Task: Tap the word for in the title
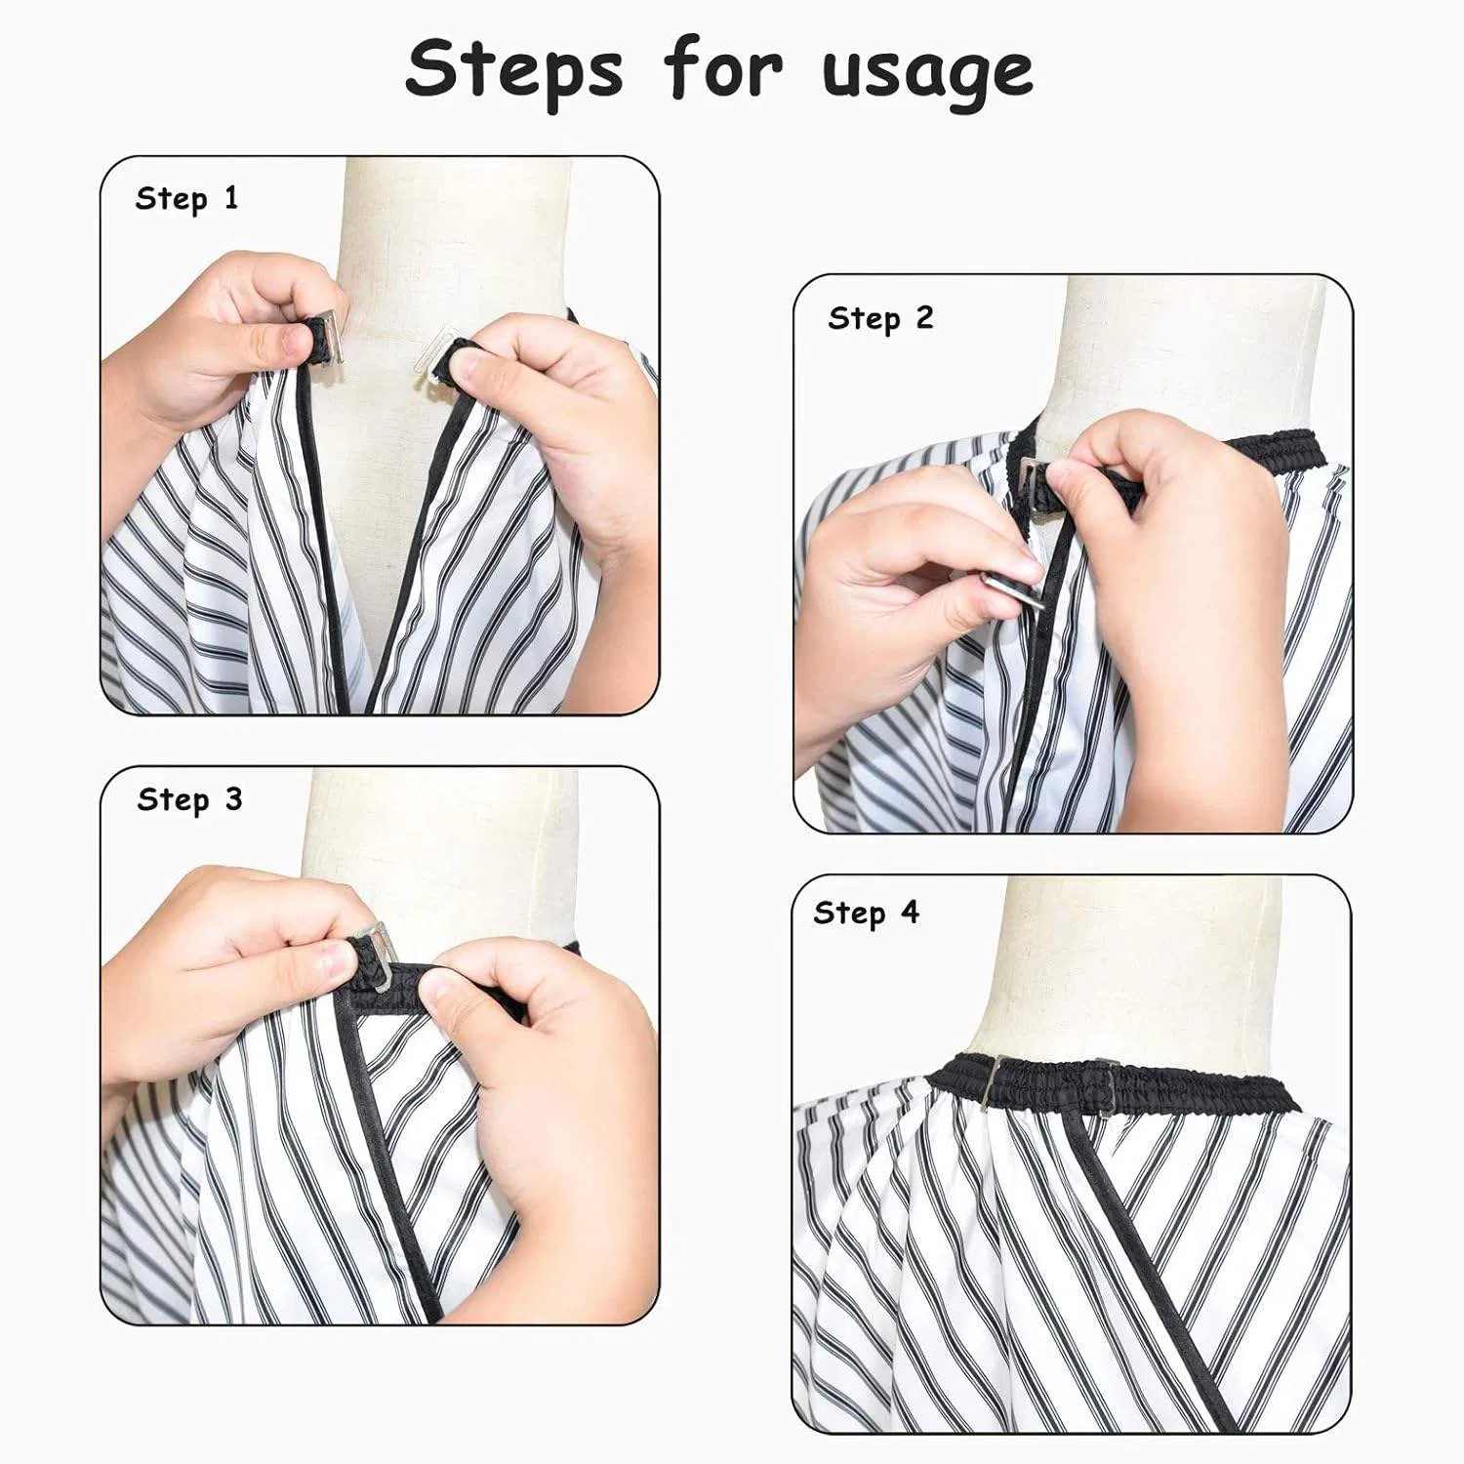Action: click(723, 69)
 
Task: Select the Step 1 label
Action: click(186, 198)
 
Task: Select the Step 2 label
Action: click(880, 318)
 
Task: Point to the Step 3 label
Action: click(189, 799)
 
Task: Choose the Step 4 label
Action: click(866, 913)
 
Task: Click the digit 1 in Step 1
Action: click(230, 198)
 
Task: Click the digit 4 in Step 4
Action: click(910, 913)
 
